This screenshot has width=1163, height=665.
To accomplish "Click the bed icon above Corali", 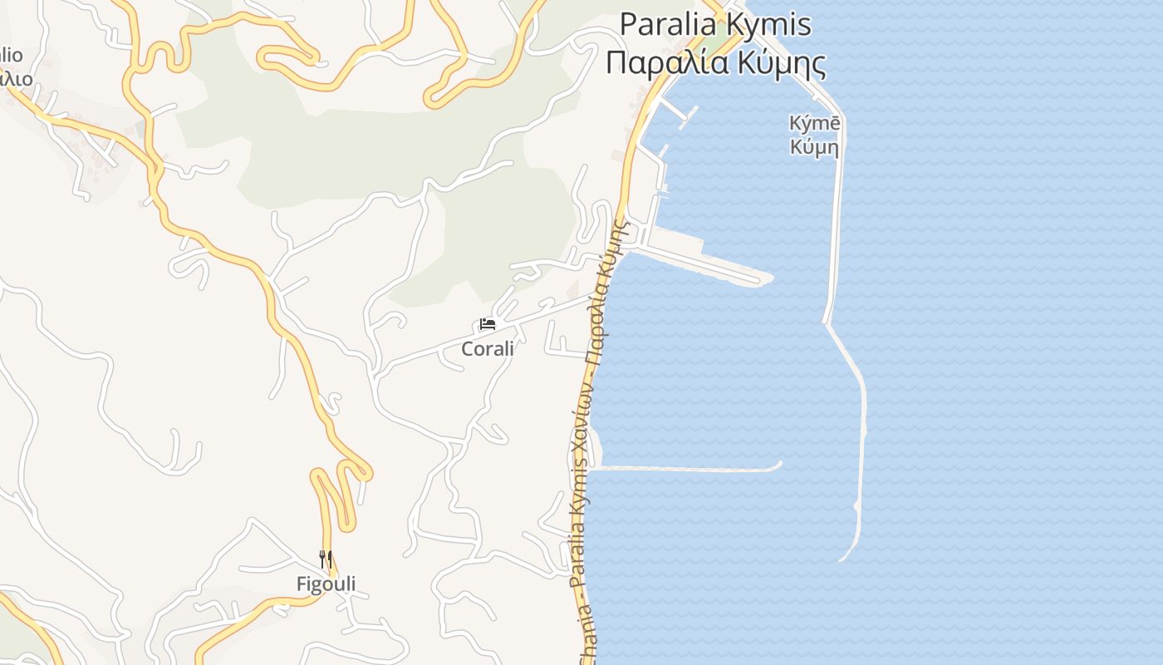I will point(488,324).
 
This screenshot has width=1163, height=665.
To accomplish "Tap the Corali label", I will point(488,349).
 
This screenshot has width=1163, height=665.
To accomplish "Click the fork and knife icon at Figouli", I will point(326,559).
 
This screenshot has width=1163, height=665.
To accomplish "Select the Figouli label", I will point(326,584).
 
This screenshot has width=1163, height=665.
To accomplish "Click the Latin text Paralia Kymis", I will point(715,24).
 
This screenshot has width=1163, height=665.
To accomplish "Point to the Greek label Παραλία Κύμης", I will point(715,63).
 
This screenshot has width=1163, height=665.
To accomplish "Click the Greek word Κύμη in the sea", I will point(814,148).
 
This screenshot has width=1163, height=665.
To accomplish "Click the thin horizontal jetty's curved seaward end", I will point(778,465).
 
